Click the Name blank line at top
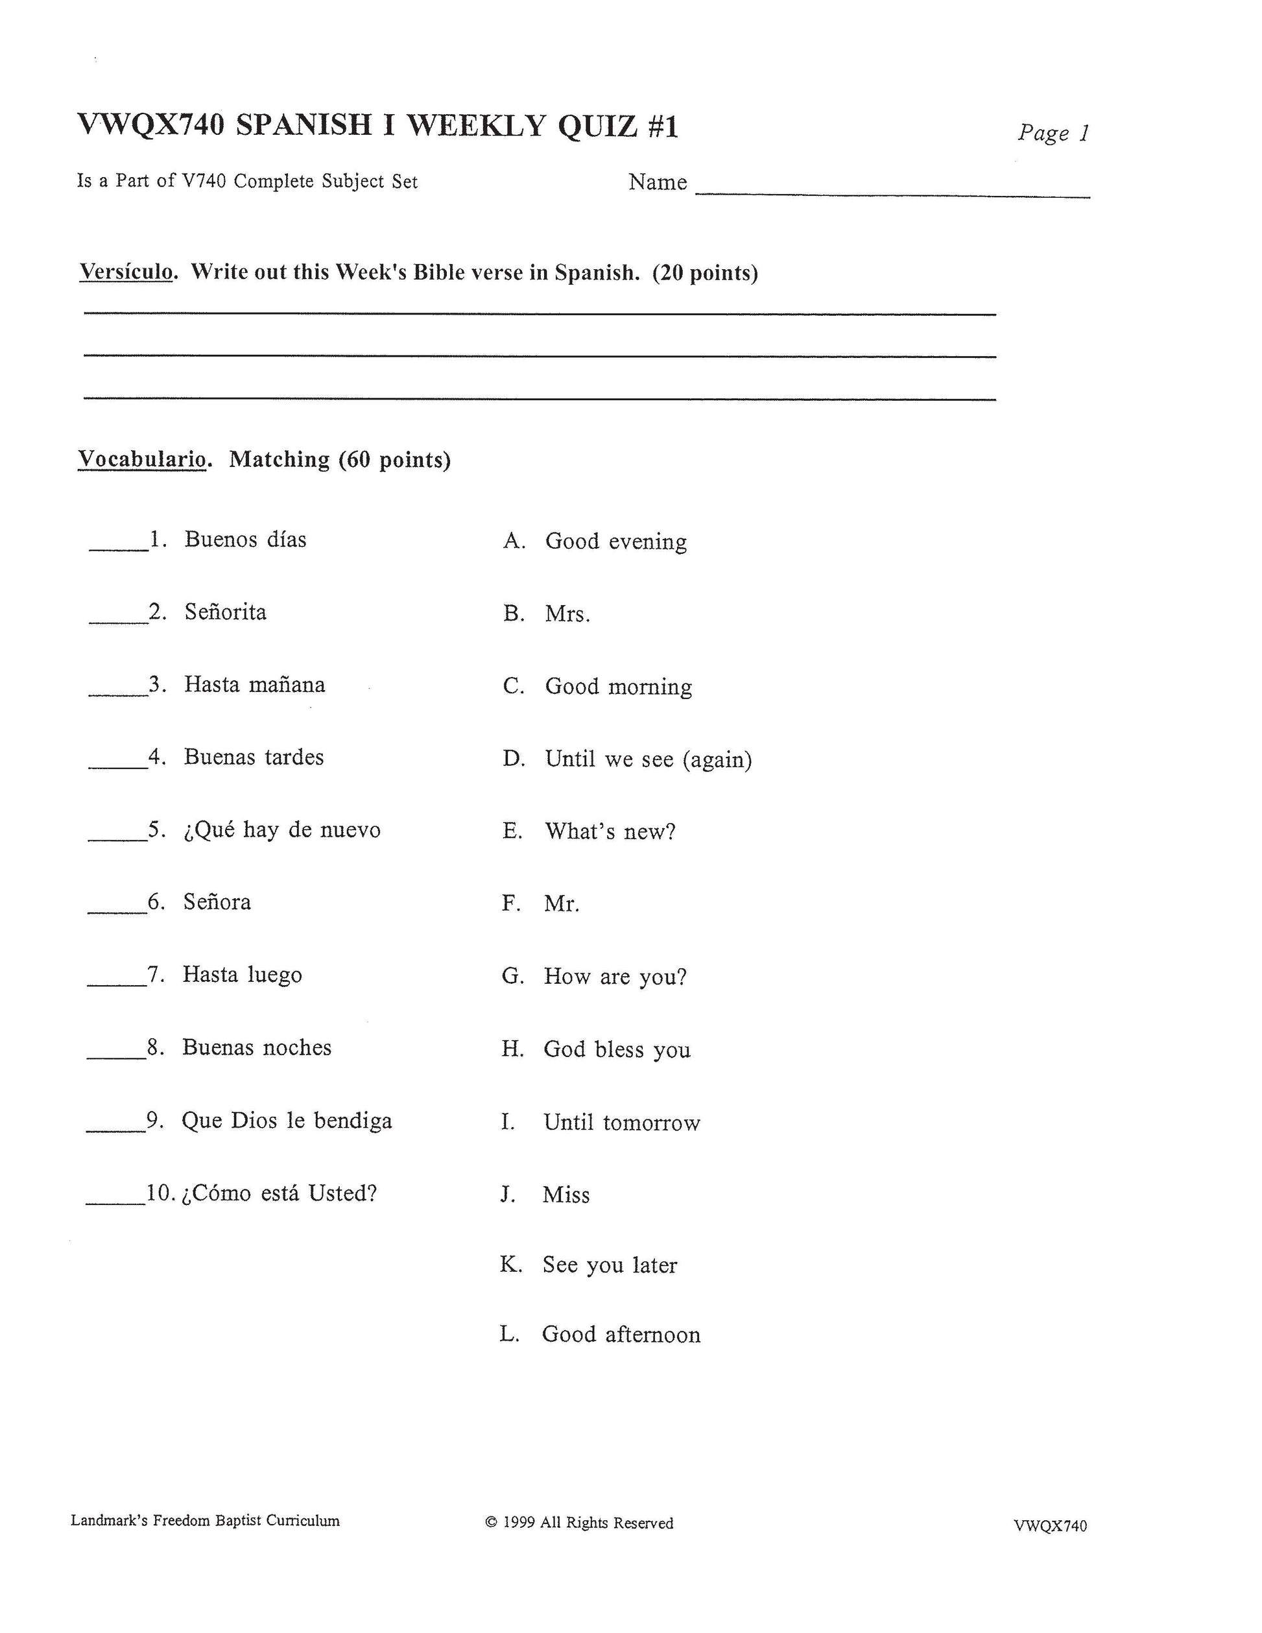point(892,193)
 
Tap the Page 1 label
point(1053,134)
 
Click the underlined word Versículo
point(126,272)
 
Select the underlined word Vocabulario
point(142,459)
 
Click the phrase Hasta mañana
point(254,685)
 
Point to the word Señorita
point(225,612)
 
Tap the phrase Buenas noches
point(256,1047)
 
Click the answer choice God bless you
point(617,1050)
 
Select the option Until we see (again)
point(649,759)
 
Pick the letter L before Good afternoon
point(509,1335)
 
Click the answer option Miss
point(566,1195)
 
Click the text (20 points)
point(705,273)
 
